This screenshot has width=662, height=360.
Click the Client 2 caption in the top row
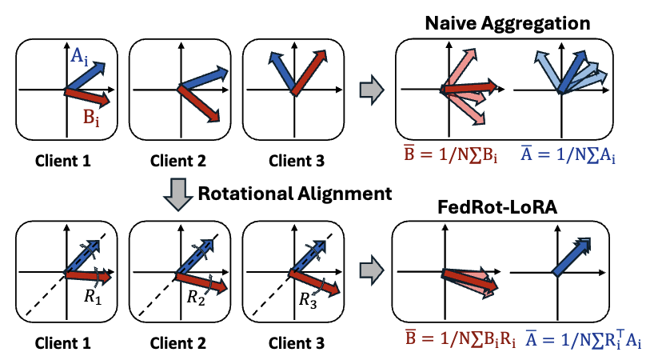pos(176,161)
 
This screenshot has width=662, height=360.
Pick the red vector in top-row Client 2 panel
pos(200,104)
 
